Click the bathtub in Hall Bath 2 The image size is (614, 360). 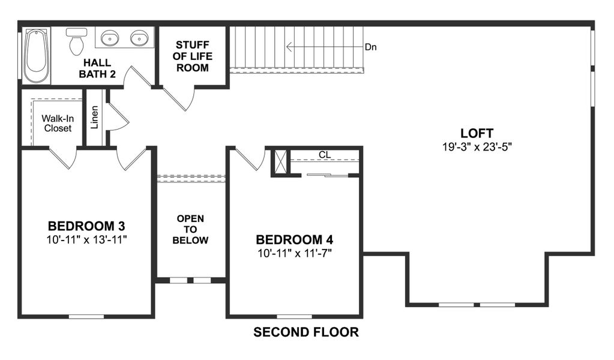pyautogui.click(x=37, y=55)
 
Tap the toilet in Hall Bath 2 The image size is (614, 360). pyautogui.click(x=76, y=41)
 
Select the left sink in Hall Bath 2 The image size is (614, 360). pyautogui.click(x=109, y=39)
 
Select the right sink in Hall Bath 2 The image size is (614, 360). pyautogui.click(x=139, y=39)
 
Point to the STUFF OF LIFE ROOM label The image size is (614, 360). pyautogui.click(x=192, y=56)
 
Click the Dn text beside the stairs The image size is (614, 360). pyautogui.click(x=370, y=47)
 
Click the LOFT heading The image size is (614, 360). pyautogui.click(x=477, y=133)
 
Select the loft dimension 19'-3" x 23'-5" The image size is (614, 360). pyautogui.click(x=477, y=146)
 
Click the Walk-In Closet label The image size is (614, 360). pyautogui.click(x=56, y=123)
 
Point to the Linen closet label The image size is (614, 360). pyautogui.click(x=95, y=118)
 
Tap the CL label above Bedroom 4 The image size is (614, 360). pyautogui.click(x=325, y=155)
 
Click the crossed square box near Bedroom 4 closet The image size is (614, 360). pyautogui.click(x=280, y=162)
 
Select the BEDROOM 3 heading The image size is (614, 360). pyautogui.click(x=86, y=226)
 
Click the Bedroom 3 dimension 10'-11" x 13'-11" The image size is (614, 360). pyautogui.click(x=86, y=239)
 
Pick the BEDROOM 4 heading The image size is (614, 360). pyautogui.click(x=294, y=239)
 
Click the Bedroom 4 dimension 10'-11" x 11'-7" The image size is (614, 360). pyautogui.click(x=294, y=253)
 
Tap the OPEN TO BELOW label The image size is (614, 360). pyautogui.click(x=190, y=229)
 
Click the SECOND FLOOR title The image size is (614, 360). pyautogui.click(x=306, y=332)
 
